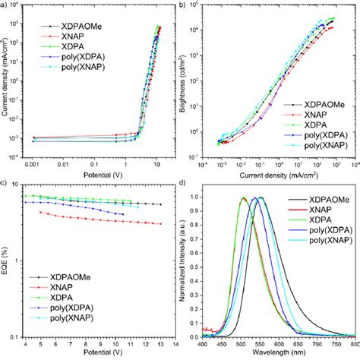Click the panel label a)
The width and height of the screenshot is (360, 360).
5,6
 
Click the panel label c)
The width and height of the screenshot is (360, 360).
5,184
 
